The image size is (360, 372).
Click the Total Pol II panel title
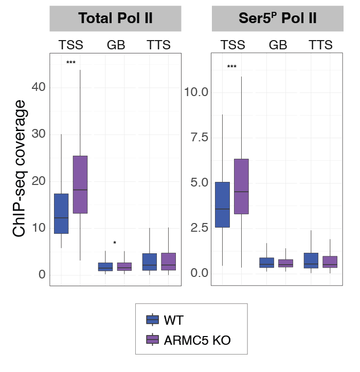(116, 18)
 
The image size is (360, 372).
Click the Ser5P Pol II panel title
(278, 18)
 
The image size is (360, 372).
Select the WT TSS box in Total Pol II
(61, 213)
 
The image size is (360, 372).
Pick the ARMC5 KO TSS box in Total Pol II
(80, 184)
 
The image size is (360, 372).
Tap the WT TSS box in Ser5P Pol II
(222, 204)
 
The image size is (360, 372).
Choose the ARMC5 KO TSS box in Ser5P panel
(241, 187)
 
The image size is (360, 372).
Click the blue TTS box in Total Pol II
(149, 262)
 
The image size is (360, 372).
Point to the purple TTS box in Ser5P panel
(330, 262)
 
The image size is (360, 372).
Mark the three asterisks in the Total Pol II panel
(71, 63)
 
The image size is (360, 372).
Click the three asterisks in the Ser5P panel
(232, 67)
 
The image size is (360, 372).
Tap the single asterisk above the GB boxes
(115, 243)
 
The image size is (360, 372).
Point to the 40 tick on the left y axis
(39, 87)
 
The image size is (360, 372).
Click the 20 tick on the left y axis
(39, 181)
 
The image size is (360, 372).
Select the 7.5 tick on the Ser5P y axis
(195, 137)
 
